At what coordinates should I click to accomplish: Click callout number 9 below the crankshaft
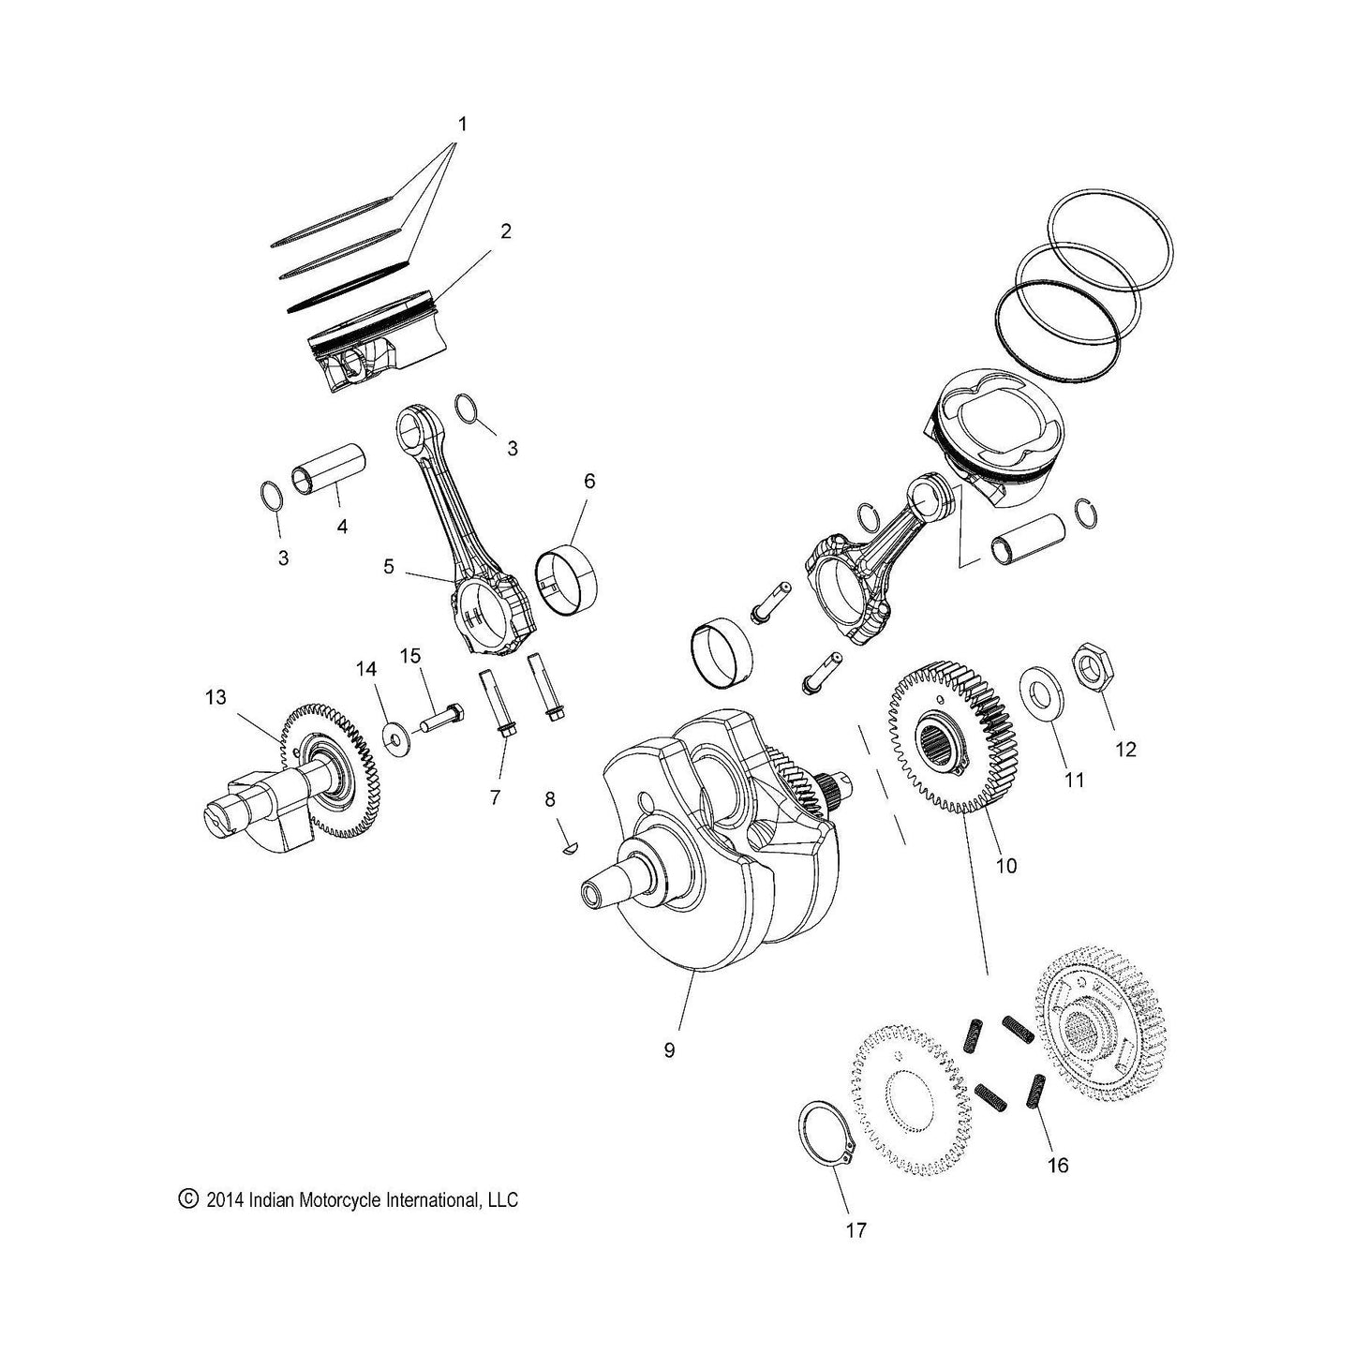click(x=668, y=1050)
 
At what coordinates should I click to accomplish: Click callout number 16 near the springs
click(x=1057, y=1166)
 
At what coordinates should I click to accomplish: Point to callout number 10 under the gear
click(x=1005, y=866)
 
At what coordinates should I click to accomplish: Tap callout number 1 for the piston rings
click(x=462, y=124)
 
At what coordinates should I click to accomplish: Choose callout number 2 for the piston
click(x=505, y=231)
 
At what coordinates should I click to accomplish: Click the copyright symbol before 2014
click(x=188, y=1199)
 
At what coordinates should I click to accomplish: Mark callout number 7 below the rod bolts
click(x=495, y=797)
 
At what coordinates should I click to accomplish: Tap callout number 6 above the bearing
click(x=588, y=482)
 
